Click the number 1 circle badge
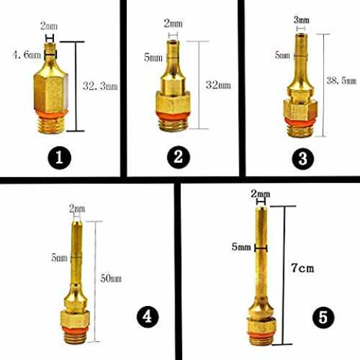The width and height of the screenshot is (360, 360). tap(60, 158)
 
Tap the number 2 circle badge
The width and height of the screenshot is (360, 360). tap(179, 157)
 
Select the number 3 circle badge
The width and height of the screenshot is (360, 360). tap(303, 158)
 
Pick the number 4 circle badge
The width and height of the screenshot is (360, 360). tap(148, 317)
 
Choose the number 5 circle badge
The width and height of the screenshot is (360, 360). tap(323, 318)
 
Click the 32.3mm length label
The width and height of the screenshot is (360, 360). tap(100, 86)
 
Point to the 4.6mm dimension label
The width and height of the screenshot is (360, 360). tap(27, 55)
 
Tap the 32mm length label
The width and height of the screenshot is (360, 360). tap(218, 85)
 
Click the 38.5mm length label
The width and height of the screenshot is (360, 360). tap(341, 81)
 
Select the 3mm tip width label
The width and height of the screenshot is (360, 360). tap(302, 20)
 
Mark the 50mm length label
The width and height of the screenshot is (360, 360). tap(111, 279)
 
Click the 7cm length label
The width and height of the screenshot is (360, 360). tap(302, 268)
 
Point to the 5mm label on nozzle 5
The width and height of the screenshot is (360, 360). tap(241, 247)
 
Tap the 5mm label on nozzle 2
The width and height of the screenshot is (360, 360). tap(153, 58)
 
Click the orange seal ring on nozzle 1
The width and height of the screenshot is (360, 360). tap(52, 114)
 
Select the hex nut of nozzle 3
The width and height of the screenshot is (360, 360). tap(300, 109)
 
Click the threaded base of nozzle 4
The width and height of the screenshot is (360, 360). tap(76, 338)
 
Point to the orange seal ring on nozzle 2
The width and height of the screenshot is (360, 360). tap(173, 115)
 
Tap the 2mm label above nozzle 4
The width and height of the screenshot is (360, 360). tap(77, 209)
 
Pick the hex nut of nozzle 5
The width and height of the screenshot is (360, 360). tap(261, 325)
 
